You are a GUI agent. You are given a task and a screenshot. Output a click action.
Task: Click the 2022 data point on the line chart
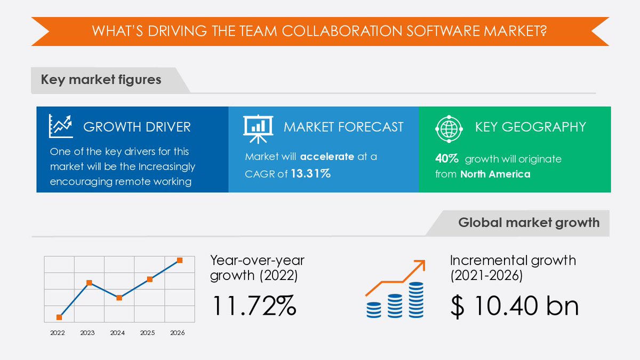click(59, 317)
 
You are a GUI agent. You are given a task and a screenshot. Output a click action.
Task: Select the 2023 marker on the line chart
click(89, 283)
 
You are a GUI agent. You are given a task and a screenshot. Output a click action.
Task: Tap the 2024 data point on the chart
click(119, 298)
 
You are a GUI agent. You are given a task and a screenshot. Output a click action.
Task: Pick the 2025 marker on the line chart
click(150, 279)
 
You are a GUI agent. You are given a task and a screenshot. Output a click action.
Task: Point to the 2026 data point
click(180, 260)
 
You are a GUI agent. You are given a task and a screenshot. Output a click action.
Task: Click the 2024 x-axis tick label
click(117, 333)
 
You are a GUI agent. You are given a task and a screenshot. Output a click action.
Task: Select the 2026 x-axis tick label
click(177, 333)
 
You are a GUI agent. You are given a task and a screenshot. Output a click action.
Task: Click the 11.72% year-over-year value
click(254, 306)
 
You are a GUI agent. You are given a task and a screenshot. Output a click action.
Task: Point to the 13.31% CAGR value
click(310, 173)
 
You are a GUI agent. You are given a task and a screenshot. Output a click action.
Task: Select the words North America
click(495, 174)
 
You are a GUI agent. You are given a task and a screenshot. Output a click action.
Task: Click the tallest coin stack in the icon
click(416, 300)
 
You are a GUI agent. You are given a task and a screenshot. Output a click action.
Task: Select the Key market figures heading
click(101, 80)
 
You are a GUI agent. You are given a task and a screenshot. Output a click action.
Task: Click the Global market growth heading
click(529, 222)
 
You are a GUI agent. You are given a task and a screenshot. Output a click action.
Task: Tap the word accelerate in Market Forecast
click(326, 157)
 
